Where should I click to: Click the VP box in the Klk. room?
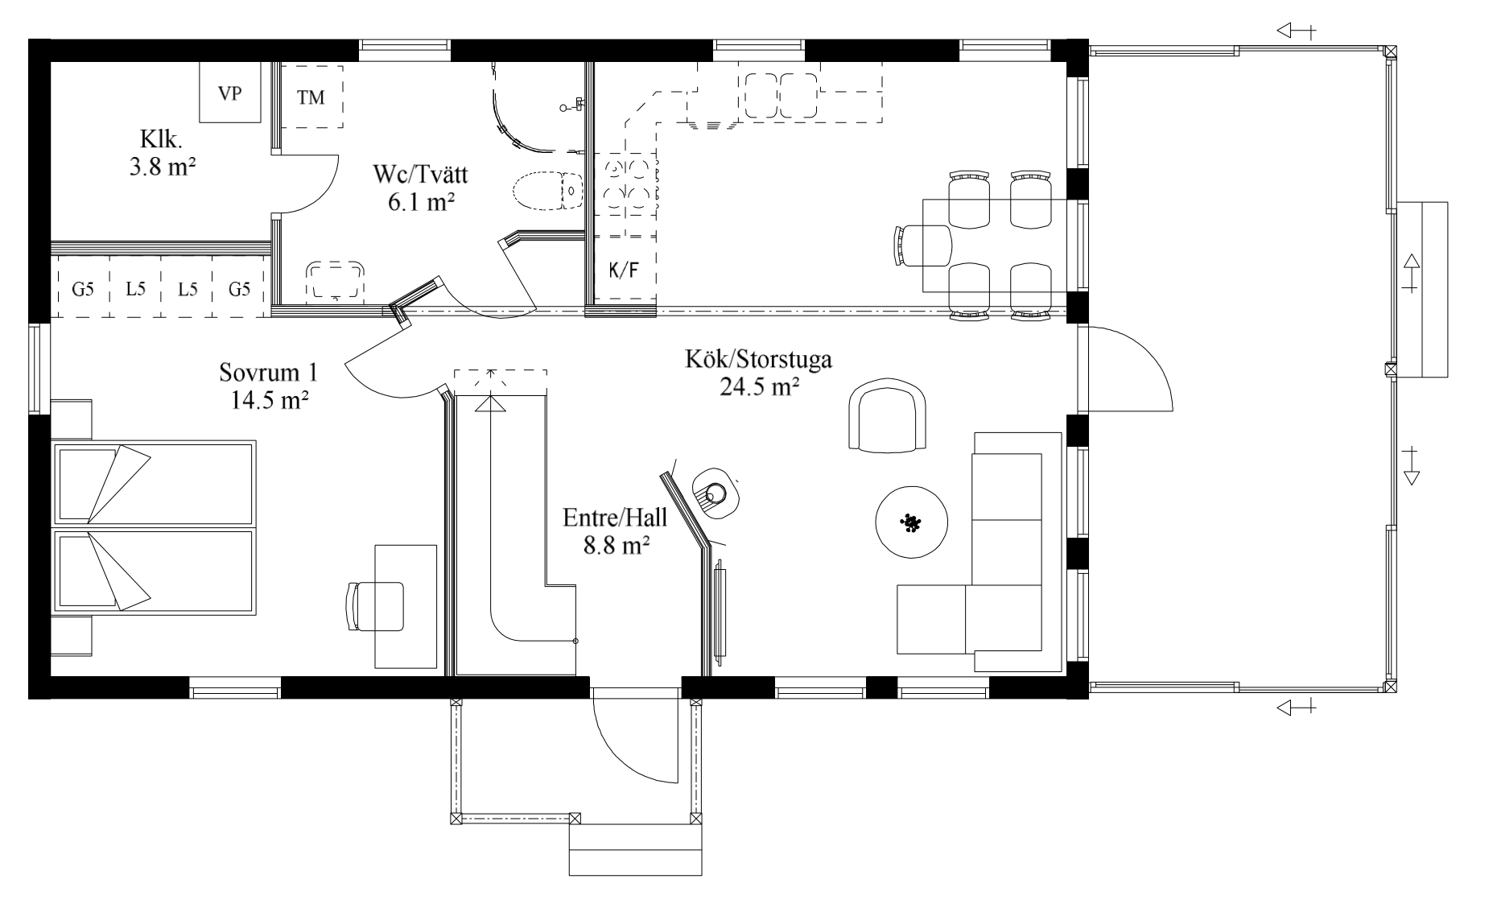pyautogui.click(x=230, y=93)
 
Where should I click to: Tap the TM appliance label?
pyautogui.click(x=311, y=97)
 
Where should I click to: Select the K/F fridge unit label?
pyautogui.click(x=624, y=270)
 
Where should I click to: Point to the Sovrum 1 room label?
pyautogui.click(x=269, y=373)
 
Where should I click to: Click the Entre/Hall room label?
pyautogui.click(x=615, y=518)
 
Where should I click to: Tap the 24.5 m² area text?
pyautogui.click(x=759, y=387)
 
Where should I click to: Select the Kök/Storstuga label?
pyautogui.click(x=758, y=359)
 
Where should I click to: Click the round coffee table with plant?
pyautogui.click(x=911, y=522)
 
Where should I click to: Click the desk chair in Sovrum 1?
pyautogui.click(x=374, y=606)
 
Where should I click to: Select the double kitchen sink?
pyautogui.click(x=781, y=97)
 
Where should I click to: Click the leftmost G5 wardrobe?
pyautogui.click(x=82, y=288)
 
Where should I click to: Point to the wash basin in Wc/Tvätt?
pyautogui.click(x=336, y=280)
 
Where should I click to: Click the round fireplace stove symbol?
pyautogui.click(x=715, y=491)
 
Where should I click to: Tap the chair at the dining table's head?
pyautogui.click(x=922, y=245)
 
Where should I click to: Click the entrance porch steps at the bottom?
pyautogui.click(x=636, y=849)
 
